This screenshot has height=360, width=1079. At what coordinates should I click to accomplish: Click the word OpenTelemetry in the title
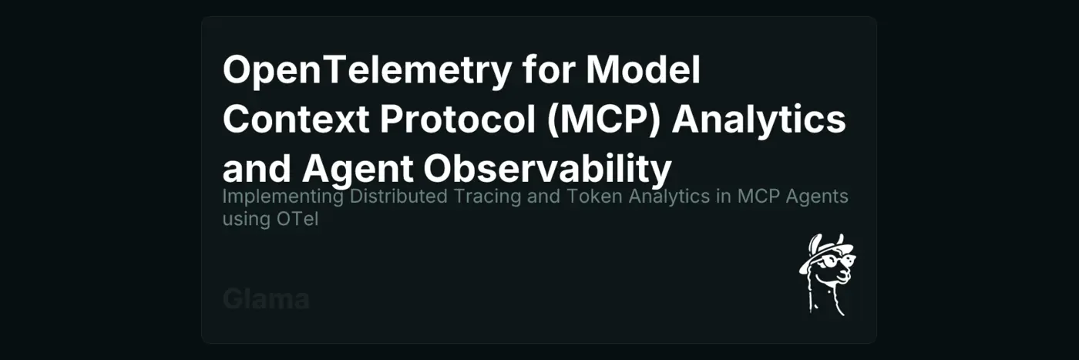coord(366,71)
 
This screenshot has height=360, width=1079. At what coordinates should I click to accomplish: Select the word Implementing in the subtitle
coord(283,197)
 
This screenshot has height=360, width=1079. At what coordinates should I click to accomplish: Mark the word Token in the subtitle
coord(597,197)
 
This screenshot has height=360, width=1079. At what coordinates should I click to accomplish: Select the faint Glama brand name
coord(266,299)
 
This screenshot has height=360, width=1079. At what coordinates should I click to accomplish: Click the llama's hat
coord(825,251)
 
